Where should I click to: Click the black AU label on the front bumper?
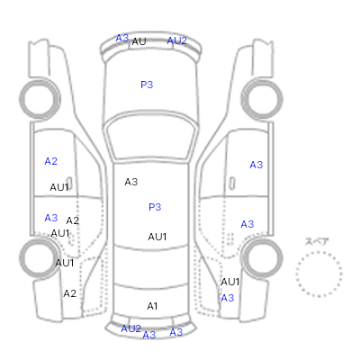139,41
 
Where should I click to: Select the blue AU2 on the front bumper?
177,40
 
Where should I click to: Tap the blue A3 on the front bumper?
122,39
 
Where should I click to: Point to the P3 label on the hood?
147,85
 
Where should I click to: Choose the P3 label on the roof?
155,207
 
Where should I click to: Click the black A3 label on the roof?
131,182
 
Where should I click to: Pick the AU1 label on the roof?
157,237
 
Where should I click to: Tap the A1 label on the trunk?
152,306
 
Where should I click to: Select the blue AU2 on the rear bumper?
130,328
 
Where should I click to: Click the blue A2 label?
50,161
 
